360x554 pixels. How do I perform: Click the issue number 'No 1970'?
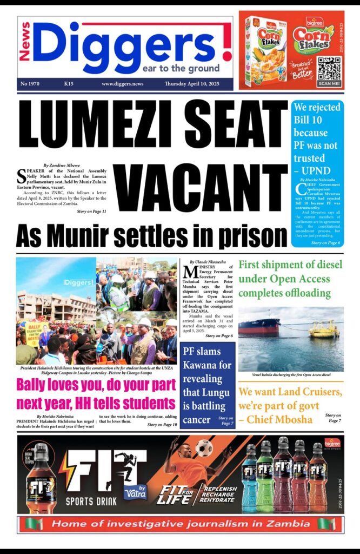tap(32, 84)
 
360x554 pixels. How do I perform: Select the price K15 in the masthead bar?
tap(69, 84)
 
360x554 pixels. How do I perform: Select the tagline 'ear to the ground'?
tap(181, 69)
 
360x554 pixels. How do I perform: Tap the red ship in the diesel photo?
tap(259, 326)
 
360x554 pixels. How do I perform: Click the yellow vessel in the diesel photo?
tap(324, 329)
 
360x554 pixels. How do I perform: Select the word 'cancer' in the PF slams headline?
tap(197, 420)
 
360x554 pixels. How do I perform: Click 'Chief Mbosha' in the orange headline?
tap(290, 419)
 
